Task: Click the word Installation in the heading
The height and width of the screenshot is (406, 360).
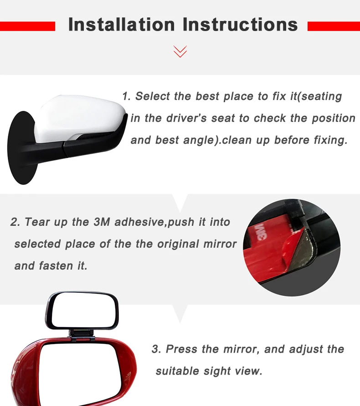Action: coord(122,24)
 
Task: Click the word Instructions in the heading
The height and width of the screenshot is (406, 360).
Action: coord(240,24)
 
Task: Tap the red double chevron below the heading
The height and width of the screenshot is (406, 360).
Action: coord(180,51)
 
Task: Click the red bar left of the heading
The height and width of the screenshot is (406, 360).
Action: coord(27,26)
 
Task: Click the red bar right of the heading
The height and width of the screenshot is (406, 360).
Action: coord(334,26)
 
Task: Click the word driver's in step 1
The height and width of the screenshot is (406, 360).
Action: coord(186,118)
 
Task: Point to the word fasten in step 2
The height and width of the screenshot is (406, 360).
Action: coord(56,265)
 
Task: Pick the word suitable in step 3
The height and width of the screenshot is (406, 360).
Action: coord(177,371)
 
